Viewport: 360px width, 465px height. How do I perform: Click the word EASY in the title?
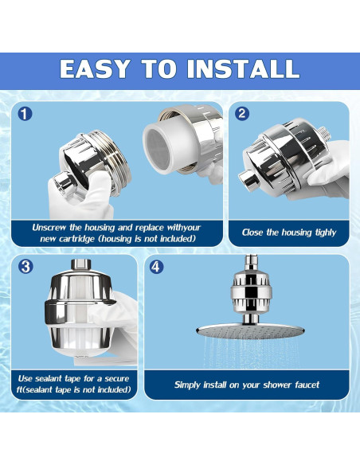96,68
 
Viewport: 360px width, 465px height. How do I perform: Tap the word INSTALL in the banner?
243,68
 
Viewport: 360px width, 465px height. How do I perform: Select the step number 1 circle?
25,114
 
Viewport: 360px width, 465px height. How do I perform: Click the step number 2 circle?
241,113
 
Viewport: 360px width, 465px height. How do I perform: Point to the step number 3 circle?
25,267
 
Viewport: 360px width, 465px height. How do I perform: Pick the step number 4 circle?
156,267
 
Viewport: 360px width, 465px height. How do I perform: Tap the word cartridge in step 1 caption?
78,239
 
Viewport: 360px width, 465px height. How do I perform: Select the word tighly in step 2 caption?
325,232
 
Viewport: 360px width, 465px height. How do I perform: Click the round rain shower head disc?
250,331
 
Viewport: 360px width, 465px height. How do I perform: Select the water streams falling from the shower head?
251,352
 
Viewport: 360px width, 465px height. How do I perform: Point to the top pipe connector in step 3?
81,265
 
